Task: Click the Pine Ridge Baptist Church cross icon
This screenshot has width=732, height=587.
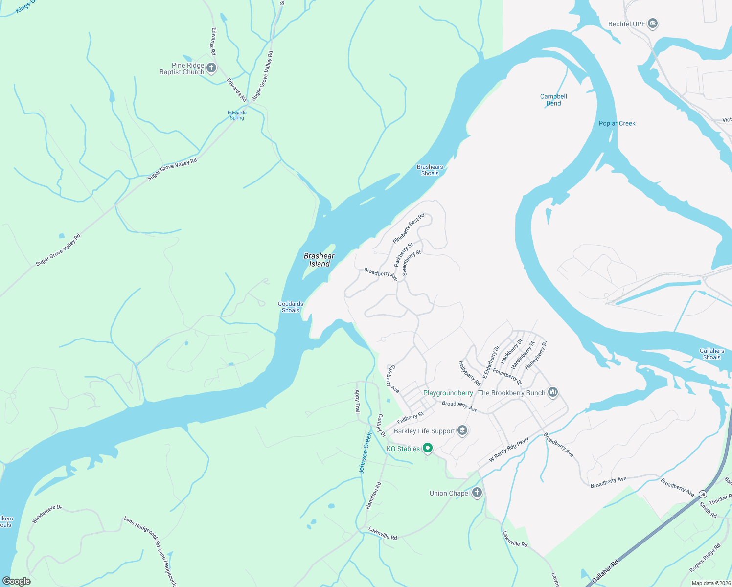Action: [x=211, y=68]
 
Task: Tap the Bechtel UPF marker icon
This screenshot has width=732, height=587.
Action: [x=652, y=23]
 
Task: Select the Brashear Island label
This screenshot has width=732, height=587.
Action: [x=319, y=260]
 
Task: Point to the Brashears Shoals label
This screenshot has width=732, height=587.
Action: [x=430, y=170]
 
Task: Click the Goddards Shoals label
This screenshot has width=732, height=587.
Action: [x=291, y=307]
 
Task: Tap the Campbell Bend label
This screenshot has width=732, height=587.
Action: [x=553, y=100]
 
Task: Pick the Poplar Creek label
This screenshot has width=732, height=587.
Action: [x=617, y=123]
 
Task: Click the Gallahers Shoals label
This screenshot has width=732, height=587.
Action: [x=711, y=354]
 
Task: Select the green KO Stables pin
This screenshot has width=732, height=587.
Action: [x=428, y=448]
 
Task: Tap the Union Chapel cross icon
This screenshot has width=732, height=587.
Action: [x=477, y=493]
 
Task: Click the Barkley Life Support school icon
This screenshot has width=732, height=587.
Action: [x=462, y=430]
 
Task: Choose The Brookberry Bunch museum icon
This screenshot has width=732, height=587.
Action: [x=553, y=392]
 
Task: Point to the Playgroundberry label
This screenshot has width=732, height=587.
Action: [x=448, y=393]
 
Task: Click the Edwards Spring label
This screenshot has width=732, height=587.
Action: [x=237, y=115]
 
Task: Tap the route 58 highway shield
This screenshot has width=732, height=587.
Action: [x=703, y=494]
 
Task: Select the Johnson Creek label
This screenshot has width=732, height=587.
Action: [x=366, y=453]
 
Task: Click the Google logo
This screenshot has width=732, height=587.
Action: [x=16, y=581]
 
